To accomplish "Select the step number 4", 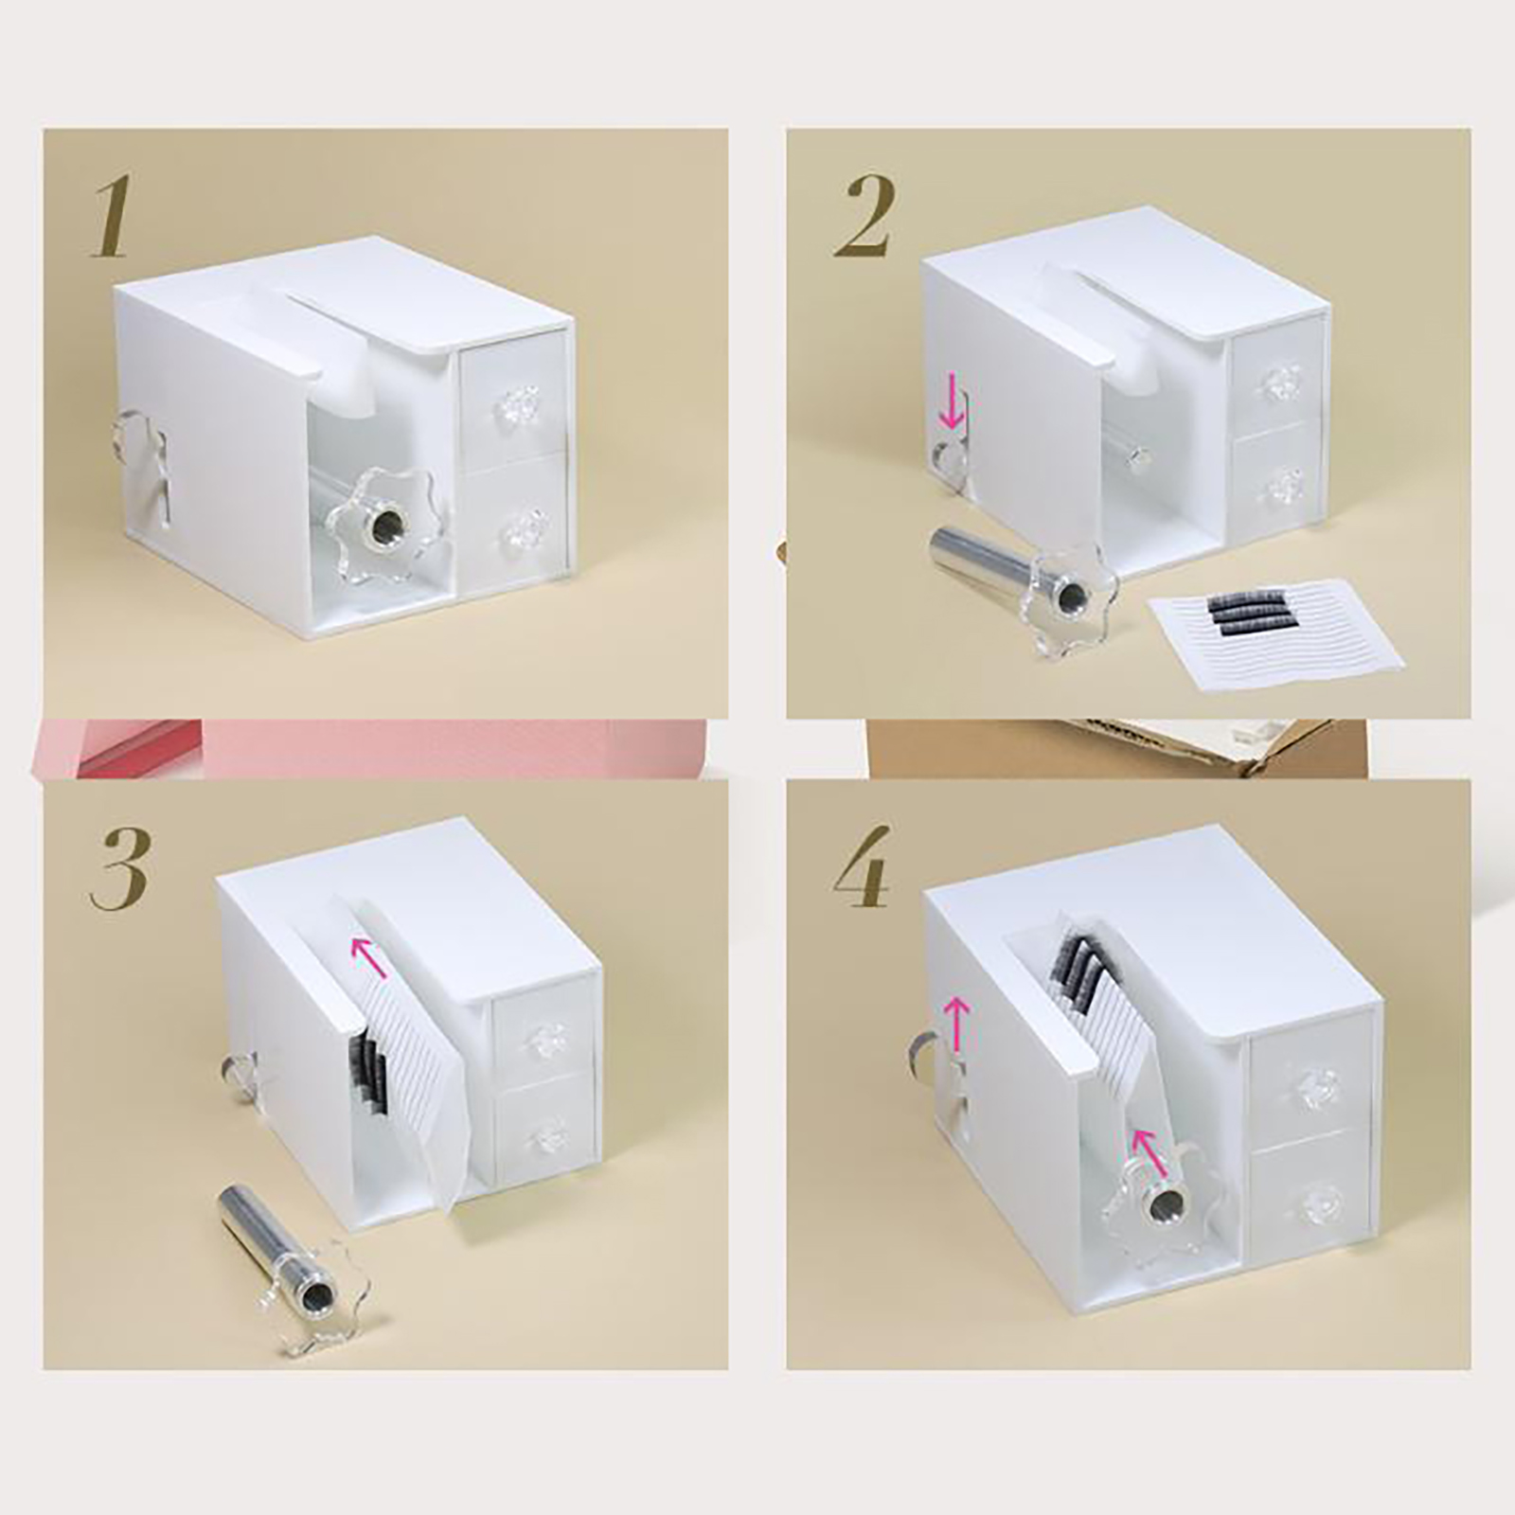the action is (862, 868).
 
